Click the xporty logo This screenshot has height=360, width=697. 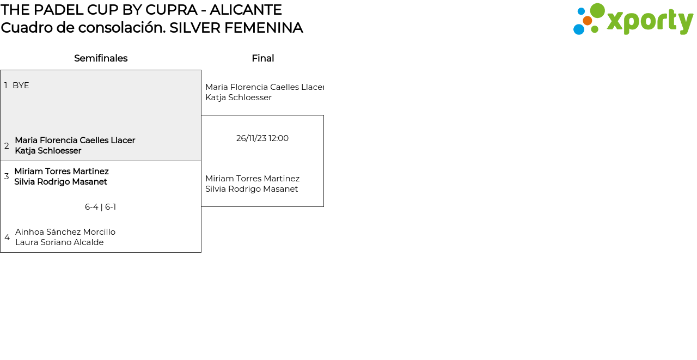[633, 20]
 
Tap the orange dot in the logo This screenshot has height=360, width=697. [587, 21]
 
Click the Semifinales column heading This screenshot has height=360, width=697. [101, 58]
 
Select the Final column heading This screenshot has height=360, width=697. [262, 58]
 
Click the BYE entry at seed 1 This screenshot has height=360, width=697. [21, 86]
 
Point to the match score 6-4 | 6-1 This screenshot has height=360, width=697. [100, 207]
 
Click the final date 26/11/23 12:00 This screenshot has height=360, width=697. [262, 138]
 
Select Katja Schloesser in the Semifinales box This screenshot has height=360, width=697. [48, 151]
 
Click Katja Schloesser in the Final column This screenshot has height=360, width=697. [238, 97]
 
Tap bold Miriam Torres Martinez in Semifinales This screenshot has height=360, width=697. [62, 171]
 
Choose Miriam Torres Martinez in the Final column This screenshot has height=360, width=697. [252, 179]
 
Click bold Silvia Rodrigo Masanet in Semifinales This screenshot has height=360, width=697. [60, 182]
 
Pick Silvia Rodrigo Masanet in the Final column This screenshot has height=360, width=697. [252, 189]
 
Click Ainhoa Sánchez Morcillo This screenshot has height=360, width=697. [65, 232]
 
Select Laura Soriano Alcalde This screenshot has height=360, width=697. [59, 242]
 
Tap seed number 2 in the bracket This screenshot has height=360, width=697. [7, 146]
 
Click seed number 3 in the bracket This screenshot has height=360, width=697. [7, 176]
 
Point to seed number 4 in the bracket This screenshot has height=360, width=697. [7, 237]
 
